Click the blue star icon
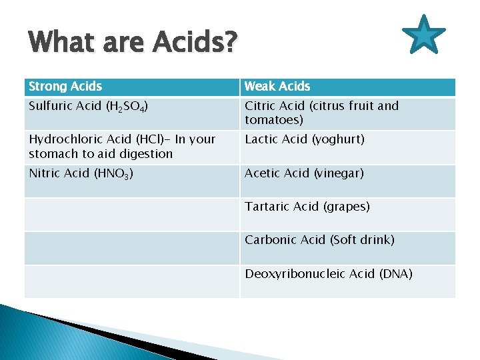[425, 35]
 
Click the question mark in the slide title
[230, 43]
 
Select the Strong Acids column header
[65, 86]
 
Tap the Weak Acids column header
[277, 86]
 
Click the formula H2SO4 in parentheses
[132, 107]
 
